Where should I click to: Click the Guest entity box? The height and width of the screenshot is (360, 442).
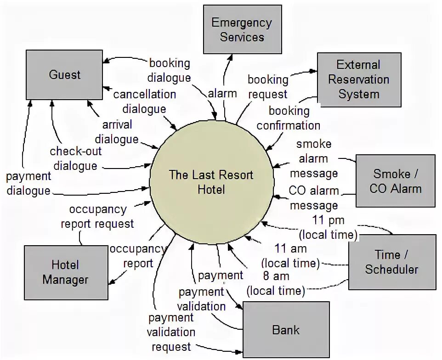tap(64, 74)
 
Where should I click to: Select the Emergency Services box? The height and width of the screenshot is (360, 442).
tap(242, 29)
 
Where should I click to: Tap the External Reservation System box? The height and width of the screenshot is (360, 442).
tap(358, 79)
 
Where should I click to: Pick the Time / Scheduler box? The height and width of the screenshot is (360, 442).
tap(391, 262)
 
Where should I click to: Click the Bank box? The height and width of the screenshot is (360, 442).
tap(286, 329)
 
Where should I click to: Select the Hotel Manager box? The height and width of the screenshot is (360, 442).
tap(65, 272)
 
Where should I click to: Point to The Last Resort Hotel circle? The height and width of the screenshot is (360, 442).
tap(211, 181)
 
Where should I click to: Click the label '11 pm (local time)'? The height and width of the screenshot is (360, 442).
tap(328, 227)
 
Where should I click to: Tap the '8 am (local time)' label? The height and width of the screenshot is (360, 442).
tap(275, 283)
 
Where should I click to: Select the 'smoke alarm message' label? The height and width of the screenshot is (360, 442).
tap(314, 159)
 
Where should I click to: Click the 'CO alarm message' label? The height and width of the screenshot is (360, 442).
tap(314, 197)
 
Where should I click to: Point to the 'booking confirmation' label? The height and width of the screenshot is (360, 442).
tap(289, 118)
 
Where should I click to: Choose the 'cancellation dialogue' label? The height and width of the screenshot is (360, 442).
tap(144, 101)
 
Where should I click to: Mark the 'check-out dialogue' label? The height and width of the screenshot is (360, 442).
tap(76, 158)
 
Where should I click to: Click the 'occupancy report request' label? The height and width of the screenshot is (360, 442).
tap(97, 216)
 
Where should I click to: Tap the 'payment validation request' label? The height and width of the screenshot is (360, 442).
tap(170, 332)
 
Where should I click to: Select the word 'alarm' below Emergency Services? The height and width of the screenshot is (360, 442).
tap(222, 94)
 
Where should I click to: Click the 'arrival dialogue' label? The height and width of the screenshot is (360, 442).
tap(117, 131)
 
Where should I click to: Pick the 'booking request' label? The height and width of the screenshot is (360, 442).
tap(267, 86)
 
